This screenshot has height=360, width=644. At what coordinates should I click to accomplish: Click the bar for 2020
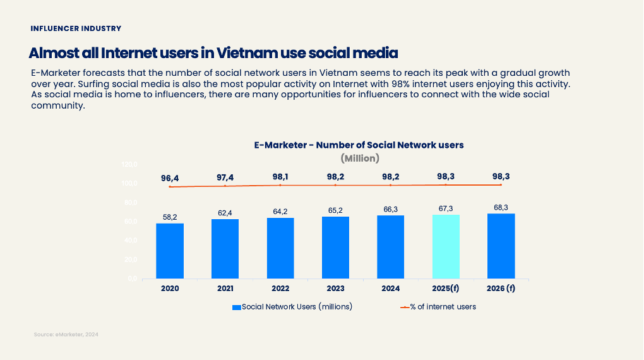pos(170,251)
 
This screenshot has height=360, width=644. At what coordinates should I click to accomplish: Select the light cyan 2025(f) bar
pos(446,246)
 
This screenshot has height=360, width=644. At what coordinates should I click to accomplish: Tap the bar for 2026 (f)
pos(501,246)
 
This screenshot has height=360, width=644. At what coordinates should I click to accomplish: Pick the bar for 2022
pos(280,248)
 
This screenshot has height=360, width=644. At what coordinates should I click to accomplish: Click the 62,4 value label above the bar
pos(225,213)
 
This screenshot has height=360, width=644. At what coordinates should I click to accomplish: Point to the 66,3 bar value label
pos(390,210)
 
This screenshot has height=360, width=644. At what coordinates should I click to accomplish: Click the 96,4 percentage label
pos(170,178)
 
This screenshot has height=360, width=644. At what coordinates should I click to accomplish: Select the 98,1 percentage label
pos(280,177)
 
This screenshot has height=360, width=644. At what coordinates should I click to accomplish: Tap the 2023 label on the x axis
pos(335,289)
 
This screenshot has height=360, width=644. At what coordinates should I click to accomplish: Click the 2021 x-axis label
pos(225,289)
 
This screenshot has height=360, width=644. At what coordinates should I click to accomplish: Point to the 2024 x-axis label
pos(390,289)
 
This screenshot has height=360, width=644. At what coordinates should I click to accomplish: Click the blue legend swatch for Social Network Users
pos(237,308)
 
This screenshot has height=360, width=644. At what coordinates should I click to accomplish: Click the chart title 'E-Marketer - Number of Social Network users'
pos(359,145)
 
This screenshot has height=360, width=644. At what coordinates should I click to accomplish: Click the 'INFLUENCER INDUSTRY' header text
pos(76,28)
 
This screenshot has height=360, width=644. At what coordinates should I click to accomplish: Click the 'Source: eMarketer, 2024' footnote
pos(66,335)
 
